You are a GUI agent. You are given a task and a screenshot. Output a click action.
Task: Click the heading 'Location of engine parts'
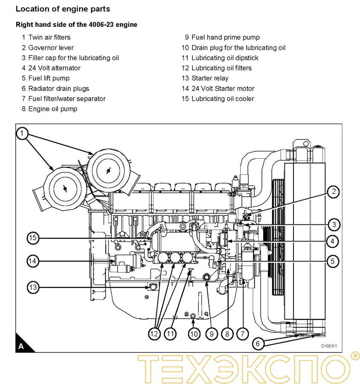63,9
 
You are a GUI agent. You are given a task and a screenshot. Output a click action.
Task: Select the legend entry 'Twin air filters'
49,38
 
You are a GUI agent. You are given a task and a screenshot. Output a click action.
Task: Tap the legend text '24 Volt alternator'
54,68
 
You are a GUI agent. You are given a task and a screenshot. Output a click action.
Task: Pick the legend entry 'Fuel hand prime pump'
225,38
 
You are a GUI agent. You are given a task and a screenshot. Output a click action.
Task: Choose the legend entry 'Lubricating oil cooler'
223,99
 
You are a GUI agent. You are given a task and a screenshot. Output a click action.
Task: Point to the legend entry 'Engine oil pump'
52,109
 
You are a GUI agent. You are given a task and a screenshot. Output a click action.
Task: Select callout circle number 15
33,238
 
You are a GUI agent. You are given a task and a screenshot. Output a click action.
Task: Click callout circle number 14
33,261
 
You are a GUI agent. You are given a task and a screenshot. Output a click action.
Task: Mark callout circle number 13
33,287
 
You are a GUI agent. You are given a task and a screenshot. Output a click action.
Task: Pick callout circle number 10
194,334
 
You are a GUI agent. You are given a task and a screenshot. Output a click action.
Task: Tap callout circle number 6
257,343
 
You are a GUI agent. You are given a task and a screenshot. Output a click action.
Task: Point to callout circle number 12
154,334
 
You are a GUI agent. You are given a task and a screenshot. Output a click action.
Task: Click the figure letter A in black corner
21,346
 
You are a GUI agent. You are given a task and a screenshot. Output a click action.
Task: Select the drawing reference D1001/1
329,346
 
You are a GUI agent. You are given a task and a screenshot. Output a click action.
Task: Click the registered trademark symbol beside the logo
354,355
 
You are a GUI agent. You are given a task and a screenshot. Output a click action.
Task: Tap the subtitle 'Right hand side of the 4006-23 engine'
76,25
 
